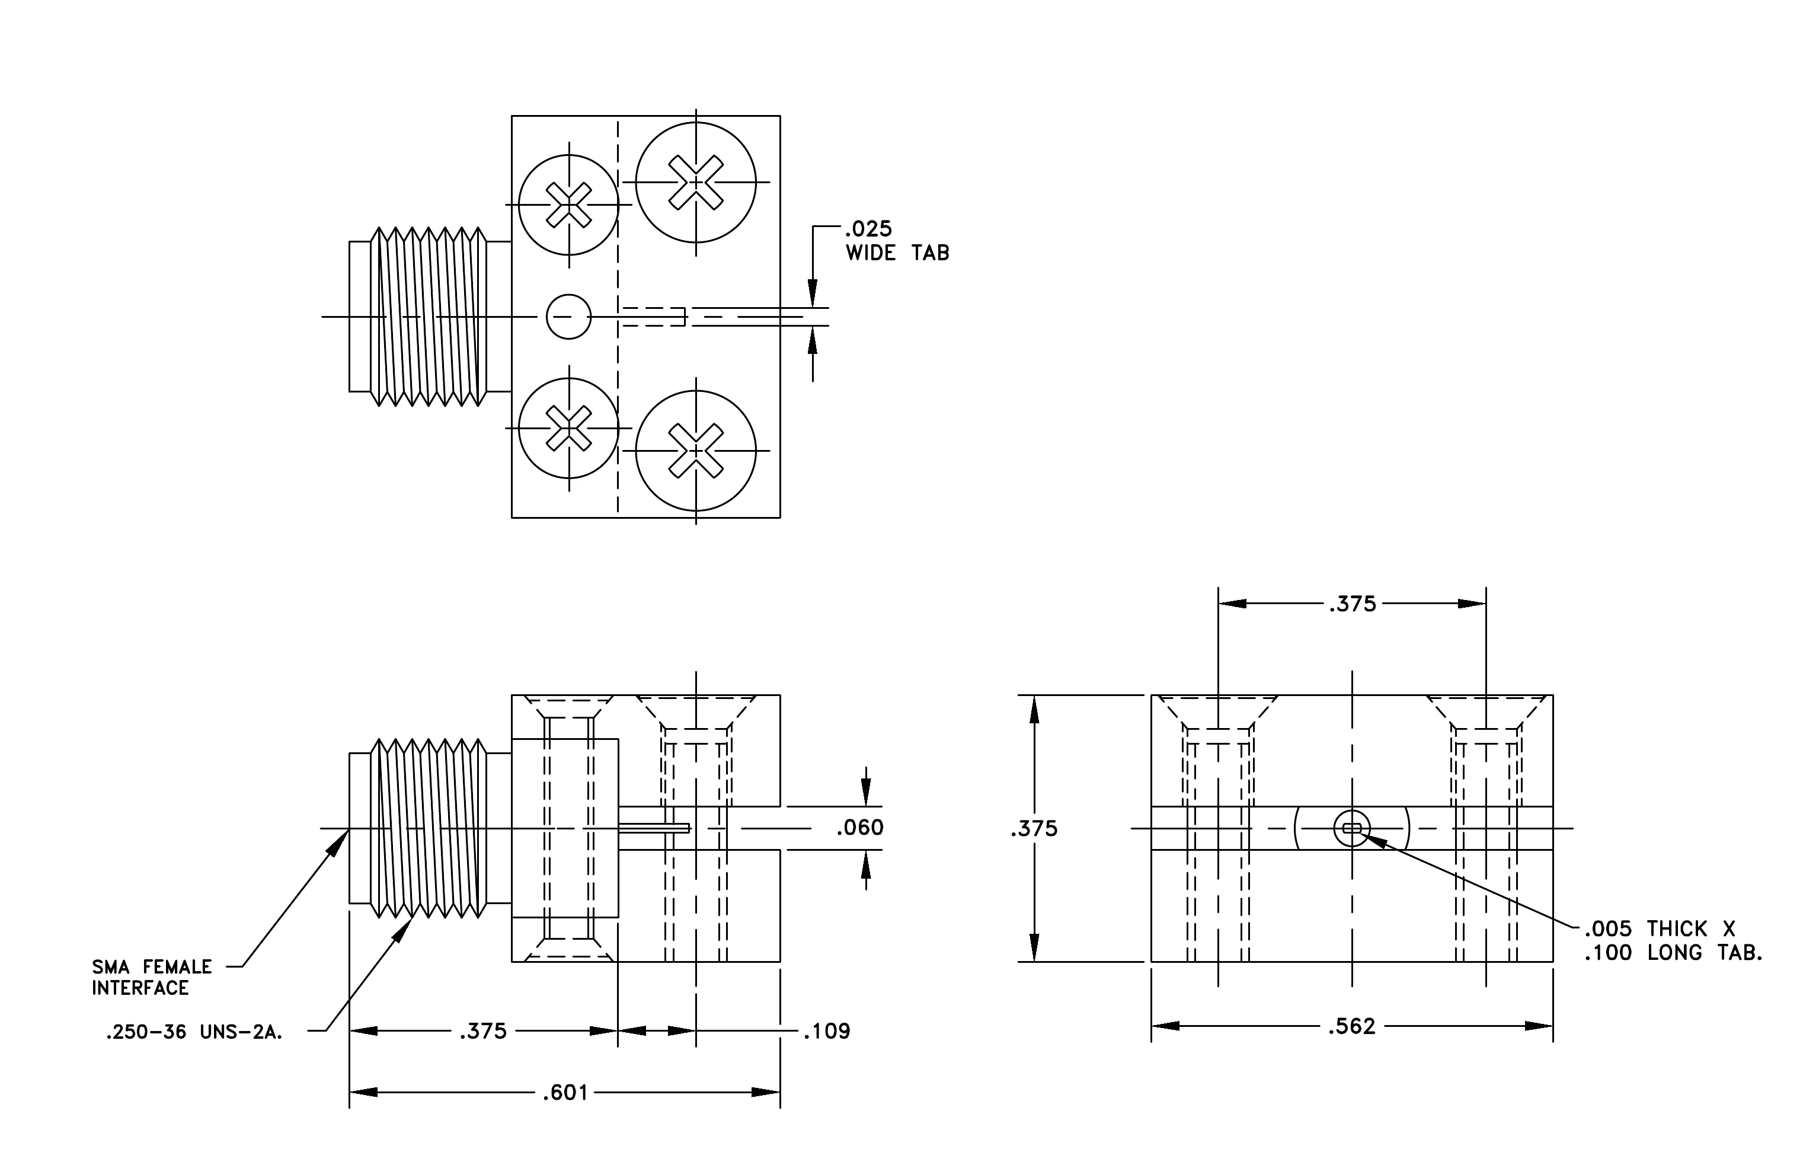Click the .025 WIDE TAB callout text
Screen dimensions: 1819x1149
(897, 240)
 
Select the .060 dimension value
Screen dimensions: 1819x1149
(859, 828)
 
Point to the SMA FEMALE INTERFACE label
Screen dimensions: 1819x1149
(152, 978)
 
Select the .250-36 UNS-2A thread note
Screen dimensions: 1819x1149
(194, 1033)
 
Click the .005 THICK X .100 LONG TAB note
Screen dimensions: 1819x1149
(1673, 940)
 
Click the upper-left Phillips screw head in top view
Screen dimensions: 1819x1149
(569, 205)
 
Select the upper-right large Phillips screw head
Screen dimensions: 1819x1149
(696, 182)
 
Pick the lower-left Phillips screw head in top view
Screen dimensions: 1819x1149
(569, 428)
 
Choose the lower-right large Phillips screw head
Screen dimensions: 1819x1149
(696, 451)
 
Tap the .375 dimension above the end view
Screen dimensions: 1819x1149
(1352, 604)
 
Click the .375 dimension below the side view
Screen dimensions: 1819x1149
(484, 1031)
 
